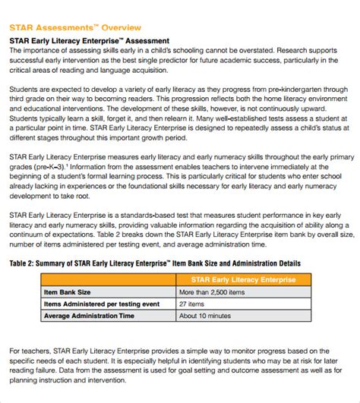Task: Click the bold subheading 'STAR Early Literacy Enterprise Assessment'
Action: tap(89, 40)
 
